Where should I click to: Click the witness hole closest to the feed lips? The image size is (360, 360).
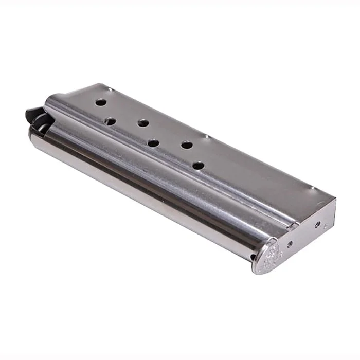click(101, 102)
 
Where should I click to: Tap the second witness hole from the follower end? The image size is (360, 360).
click(110, 122)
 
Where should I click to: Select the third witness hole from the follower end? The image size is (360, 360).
click(143, 123)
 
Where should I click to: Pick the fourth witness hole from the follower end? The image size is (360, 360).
click(153, 143)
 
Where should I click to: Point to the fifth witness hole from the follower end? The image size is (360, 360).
click(187, 145)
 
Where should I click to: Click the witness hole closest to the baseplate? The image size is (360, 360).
click(197, 165)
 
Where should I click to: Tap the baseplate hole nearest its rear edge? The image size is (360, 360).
click(317, 225)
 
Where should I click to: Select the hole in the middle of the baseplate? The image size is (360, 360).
click(291, 244)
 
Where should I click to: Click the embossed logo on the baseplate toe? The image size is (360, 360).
click(271, 256)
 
